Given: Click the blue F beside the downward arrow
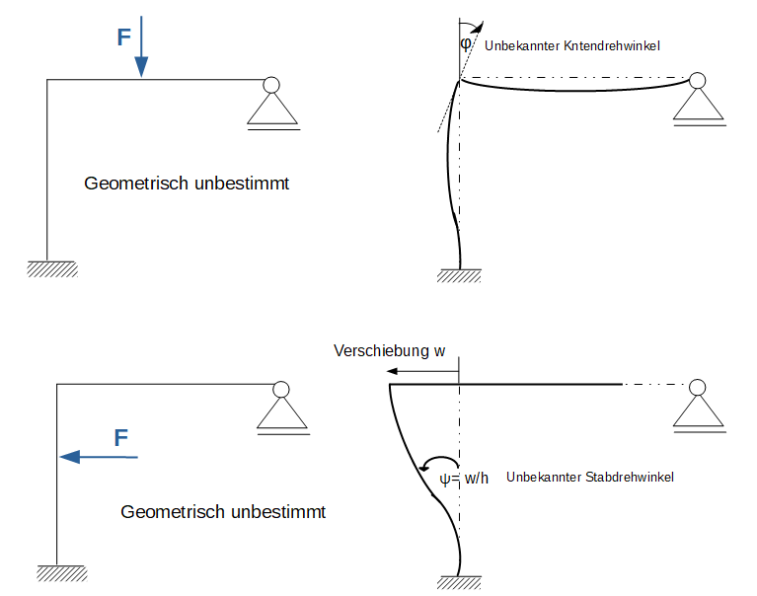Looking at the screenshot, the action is pos(124,37).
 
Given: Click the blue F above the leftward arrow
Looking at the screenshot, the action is pos(121,438).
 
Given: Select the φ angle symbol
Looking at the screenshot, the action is pos(466,44).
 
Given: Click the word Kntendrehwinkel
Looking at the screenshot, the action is pos(612,45).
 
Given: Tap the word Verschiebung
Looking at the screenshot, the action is pos(381,351).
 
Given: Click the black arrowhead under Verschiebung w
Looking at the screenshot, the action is pos(392,371).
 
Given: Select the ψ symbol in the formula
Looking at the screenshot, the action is pos(445,479).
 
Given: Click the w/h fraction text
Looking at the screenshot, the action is pos(477,479).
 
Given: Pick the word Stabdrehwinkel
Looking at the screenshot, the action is pos(630,477).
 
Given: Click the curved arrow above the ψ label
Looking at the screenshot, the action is pos(439,459).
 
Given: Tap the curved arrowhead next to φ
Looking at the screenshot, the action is pos(479,27).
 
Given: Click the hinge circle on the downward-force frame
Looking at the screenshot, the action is pos(271,85).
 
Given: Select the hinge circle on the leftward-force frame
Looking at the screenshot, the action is pos(281,390).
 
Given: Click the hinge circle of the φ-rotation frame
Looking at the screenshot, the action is pos(697,81).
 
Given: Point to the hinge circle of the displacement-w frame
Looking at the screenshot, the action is pos(697,387).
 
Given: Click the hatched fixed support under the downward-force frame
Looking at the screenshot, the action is pos(52,268).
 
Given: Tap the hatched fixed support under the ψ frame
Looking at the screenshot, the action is pos(459,582).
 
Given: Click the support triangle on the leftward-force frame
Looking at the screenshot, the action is pos(282,413).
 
